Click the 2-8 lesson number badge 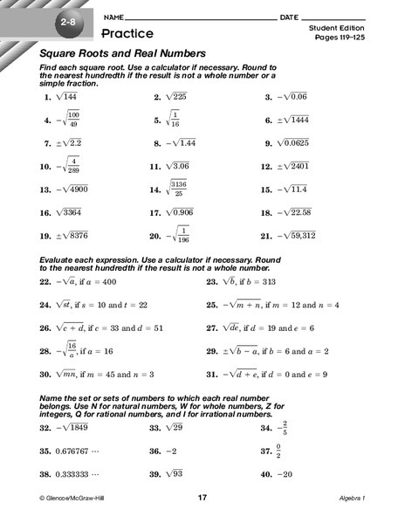coord(69,24)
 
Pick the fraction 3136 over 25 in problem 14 coord(181,189)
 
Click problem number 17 coord(154,212)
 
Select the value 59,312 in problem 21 coord(323,235)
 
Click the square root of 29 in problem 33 coord(176,429)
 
